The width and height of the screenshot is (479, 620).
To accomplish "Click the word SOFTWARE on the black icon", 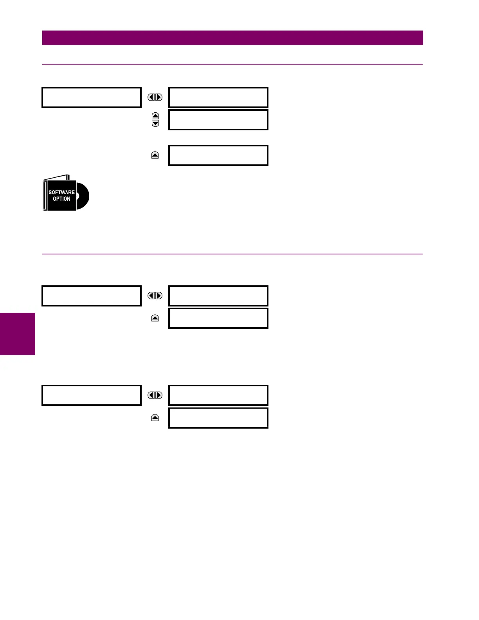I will pyautogui.click(x=61, y=192).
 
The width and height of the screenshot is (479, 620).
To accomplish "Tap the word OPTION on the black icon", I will pyautogui.click(x=61, y=199).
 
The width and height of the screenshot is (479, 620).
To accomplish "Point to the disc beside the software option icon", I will pyautogui.click(x=83, y=196).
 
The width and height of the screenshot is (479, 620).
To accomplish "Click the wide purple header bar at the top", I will pyautogui.click(x=232, y=38).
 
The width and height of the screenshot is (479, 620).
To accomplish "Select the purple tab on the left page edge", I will pyautogui.click(x=17, y=333).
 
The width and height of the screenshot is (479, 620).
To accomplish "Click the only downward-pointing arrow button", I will pyautogui.click(x=155, y=123).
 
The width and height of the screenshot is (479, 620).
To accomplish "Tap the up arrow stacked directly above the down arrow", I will pyautogui.click(x=155, y=116).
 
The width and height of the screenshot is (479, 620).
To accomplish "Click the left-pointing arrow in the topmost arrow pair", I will pyautogui.click(x=151, y=97).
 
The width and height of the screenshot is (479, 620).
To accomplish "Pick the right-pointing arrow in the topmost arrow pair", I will pyautogui.click(x=159, y=97).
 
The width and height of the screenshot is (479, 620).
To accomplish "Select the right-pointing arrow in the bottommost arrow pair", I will pyautogui.click(x=159, y=395).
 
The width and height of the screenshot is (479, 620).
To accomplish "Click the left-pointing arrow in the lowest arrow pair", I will pyautogui.click(x=151, y=395).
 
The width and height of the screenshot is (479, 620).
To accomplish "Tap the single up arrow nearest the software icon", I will pyautogui.click(x=155, y=155).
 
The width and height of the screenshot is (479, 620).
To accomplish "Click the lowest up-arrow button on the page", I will pyautogui.click(x=155, y=418).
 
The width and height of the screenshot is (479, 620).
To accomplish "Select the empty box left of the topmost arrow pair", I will pyautogui.click(x=92, y=97).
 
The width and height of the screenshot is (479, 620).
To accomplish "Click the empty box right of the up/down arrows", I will pyautogui.click(x=218, y=120).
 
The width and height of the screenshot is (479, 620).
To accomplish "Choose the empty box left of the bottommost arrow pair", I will pyautogui.click(x=92, y=395).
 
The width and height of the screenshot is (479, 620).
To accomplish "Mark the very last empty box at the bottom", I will pyautogui.click(x=218, y=418).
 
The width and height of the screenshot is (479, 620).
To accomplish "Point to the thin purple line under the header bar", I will pyautogui.click(x=232, y=64).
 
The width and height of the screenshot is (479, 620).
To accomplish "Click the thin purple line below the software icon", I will pyautogui.click(x=232, y=254).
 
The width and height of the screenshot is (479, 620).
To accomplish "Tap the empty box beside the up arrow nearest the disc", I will pyautogui.click(x=218, y=155).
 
